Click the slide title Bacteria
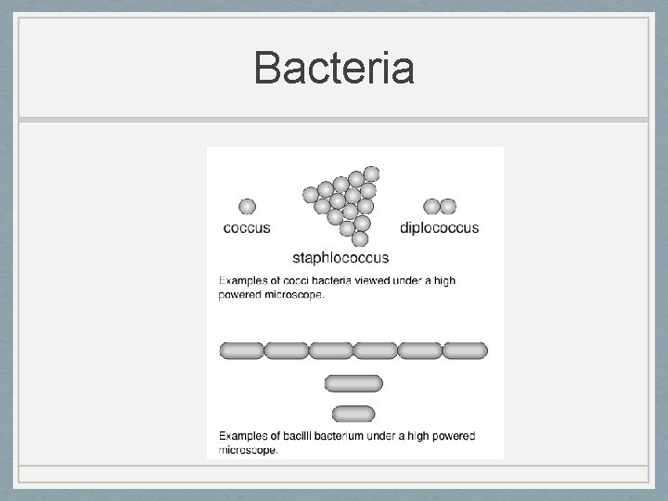tap(334, 69)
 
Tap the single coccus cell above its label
tap(248, 206)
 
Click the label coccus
tap(247, 227)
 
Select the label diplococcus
tap(439, 227)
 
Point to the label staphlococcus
tap(340, 257)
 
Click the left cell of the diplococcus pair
tap(431, 206)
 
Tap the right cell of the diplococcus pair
tap(448, 206)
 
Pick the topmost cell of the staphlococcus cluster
tap(371, 173)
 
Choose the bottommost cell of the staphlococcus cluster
tap(360, 238)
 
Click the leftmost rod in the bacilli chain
tap(241, 350)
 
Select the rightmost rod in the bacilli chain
tap(465, 350)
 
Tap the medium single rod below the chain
tap(353, 383)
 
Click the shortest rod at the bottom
tap(353, 413)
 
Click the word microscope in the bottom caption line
tap(248, 450)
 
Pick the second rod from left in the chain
tap(286, 350)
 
